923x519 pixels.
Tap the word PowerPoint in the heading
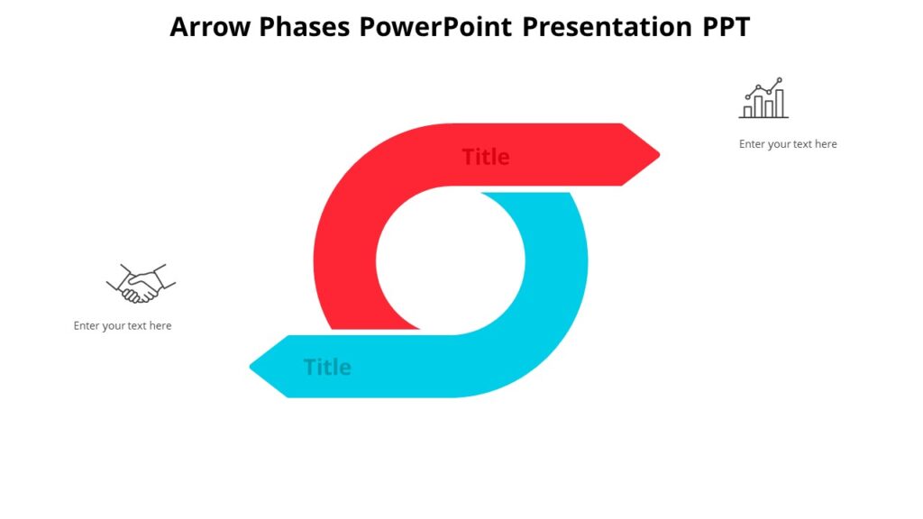[436, 27]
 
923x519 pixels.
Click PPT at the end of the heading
[726, 27]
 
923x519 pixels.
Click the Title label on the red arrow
[486, 157]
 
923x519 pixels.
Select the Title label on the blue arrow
[327, 367]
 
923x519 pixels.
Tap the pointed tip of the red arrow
[657, 155]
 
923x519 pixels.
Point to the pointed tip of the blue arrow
[252, 367]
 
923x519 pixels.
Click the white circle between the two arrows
[450, 261]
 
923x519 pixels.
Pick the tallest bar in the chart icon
[779, 103]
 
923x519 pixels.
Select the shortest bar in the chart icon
[746, 111]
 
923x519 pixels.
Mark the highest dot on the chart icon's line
[780, 80]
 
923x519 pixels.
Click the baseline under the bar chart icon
[763, 117]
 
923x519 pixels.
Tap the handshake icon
[141, 283]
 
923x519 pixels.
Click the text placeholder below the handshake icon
[123, 325]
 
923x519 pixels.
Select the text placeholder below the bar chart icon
[788, 144]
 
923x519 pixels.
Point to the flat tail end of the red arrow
[370, 329]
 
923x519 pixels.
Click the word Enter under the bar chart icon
[753, 144]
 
